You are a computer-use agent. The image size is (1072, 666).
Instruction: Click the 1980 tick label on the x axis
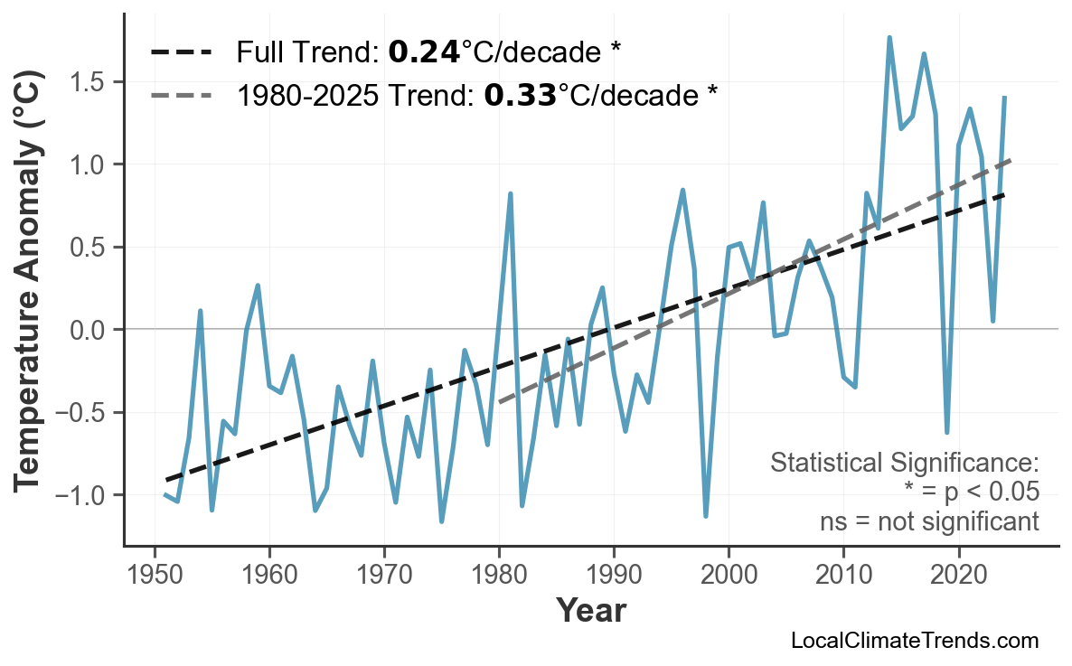click(499, 576)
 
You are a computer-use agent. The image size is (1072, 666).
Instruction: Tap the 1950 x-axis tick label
click(155, 576)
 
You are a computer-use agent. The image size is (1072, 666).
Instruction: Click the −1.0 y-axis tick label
click(81, 495)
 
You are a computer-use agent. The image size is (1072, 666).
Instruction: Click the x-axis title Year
click(590, 611)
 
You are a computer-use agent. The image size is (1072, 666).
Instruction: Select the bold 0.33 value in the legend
click(520, 93)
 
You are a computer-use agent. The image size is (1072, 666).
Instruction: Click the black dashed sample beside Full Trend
click(182, 52)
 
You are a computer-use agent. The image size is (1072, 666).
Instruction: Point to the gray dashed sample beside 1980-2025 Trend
click(182, 93)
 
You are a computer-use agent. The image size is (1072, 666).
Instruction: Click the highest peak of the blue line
click(889, 38)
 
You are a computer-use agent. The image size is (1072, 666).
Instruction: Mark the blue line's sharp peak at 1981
click(511, 193)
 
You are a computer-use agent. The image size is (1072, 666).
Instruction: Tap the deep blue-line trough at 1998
click(706, 516)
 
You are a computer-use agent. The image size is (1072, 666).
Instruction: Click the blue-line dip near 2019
click(946, 432)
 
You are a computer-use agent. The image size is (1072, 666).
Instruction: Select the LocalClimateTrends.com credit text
click(914, 641)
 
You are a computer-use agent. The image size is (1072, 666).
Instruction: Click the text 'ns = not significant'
click(929, 521)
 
